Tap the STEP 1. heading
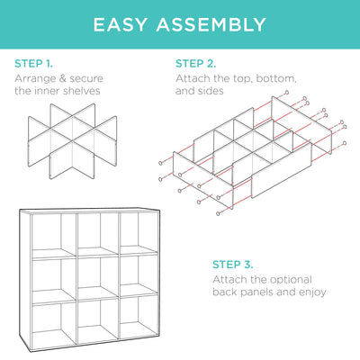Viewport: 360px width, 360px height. [x=33, y=64]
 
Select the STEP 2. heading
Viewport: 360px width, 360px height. [x=195, y=64]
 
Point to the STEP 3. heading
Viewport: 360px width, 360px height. [x=233, y=265]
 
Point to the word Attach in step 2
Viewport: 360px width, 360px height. [x=192, y=78]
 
